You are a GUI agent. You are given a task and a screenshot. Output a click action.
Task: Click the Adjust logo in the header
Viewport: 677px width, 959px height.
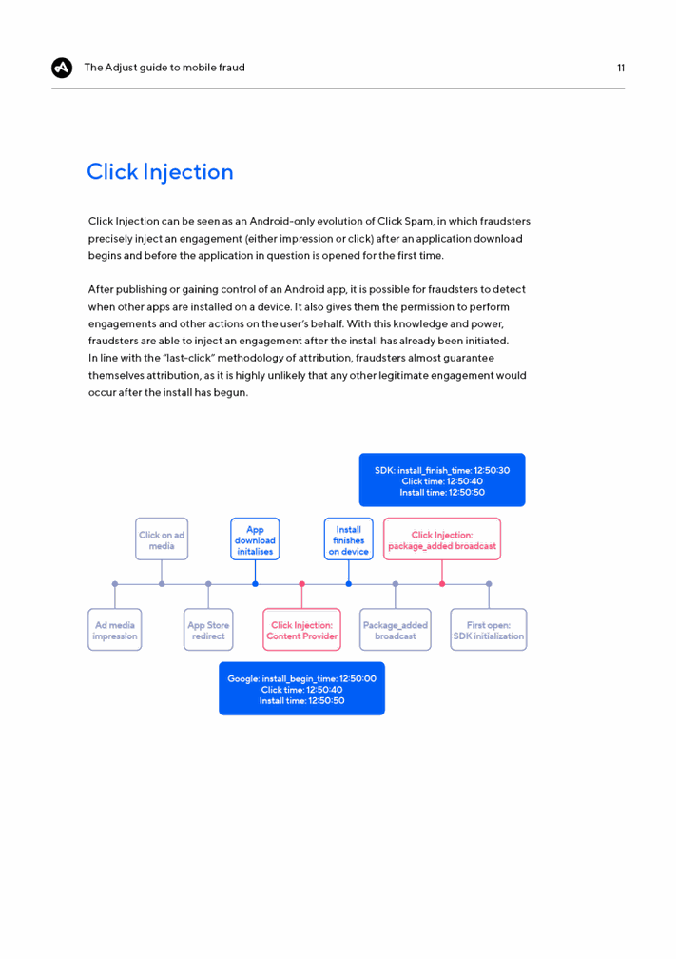62,68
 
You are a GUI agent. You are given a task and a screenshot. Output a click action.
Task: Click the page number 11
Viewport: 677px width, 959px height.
621,68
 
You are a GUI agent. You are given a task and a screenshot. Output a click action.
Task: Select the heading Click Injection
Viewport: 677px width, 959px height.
160,172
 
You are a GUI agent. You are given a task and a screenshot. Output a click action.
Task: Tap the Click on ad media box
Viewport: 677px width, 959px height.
162,538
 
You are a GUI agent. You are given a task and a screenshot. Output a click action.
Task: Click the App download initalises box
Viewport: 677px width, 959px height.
255,538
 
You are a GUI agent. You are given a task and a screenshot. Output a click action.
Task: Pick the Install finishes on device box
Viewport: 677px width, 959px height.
348,538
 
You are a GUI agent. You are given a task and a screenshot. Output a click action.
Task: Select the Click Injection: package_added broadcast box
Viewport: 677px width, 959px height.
442,538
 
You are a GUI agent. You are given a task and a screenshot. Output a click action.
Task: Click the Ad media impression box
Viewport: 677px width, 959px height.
115,630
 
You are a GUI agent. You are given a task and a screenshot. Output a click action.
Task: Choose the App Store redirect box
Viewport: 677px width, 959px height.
208,630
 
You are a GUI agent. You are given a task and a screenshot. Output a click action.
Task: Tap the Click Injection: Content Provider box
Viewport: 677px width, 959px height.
301,630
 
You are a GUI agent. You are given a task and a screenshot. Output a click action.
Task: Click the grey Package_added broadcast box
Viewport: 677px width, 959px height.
396,630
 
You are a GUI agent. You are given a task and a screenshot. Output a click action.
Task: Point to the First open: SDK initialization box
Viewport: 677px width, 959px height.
489,630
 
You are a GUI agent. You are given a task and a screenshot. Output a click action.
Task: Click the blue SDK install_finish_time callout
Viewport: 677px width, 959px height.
442,480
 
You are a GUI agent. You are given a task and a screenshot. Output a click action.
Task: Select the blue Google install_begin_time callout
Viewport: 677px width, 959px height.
301,689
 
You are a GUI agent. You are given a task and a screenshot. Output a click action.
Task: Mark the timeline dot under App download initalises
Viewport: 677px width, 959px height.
256,584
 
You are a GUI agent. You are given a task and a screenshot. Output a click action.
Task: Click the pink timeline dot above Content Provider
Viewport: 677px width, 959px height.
301,584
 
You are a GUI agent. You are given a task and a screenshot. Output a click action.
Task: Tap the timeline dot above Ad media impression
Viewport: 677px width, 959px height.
115,584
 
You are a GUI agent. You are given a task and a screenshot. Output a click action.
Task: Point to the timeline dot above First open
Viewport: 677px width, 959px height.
489,584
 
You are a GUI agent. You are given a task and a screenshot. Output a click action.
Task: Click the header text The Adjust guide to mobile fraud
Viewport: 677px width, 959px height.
164,68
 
